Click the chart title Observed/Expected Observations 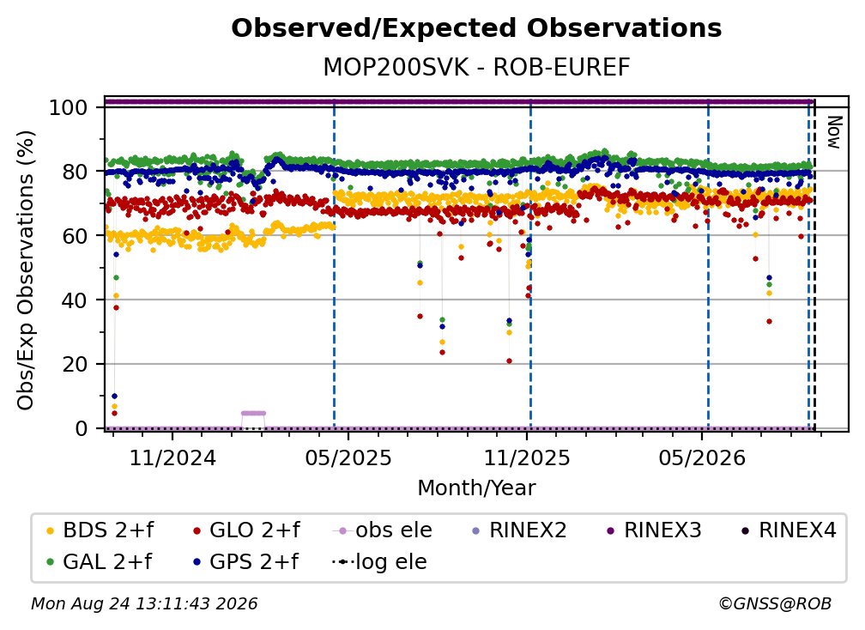click(x=476, y=28)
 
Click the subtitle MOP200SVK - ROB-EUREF click(x=476, y=67)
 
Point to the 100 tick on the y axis click(x=69, y=107)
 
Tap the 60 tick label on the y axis click(x=75, y=235)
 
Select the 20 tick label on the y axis click(x=75, y=364)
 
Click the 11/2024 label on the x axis click(x=172, y=457)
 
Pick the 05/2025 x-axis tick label click(x=348, y=457)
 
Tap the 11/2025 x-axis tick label click(x=527, y=457)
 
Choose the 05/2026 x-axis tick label click(x=702, y=457)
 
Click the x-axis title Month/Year click(x=476, y=488)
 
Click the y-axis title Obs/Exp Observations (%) click(x=26, y=270)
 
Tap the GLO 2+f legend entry click(x=246, y=530)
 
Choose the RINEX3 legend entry click(x=654, y=530)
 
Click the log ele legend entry click(x=379, y=561)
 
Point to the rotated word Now click(x=834, y=132)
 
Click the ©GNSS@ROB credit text click(x=775, y=603)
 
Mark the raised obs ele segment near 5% click(x=254, y=413)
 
